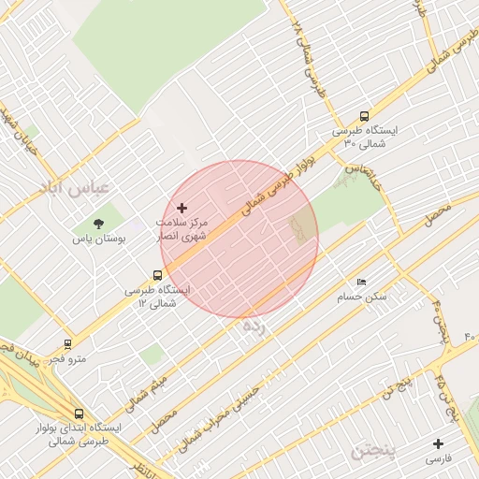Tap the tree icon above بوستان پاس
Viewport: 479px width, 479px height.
(99, 223)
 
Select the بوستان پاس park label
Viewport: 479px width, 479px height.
(99, 239)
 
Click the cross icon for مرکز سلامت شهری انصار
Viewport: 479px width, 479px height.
(181, 208)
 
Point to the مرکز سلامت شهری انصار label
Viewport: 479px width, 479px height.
(182, 231)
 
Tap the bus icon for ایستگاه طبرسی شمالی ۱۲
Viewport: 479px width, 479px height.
(157, 276)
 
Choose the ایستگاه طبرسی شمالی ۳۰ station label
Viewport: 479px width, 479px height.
(365, 138)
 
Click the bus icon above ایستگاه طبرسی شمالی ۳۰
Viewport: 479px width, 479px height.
(364, 117)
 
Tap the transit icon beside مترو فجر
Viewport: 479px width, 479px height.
(66, 344)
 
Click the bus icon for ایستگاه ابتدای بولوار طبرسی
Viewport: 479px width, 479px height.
(79, 413)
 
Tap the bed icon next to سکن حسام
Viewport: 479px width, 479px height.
(361, 282)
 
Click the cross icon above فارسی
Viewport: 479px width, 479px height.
(438, 443)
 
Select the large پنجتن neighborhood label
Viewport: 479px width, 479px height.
(375, 453)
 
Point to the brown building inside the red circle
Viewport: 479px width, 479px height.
(302, 227)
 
